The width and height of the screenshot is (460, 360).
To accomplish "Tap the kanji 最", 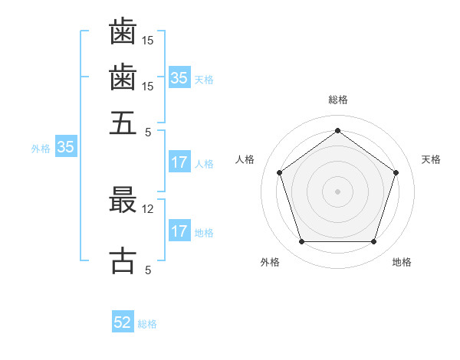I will [x=123, y=199].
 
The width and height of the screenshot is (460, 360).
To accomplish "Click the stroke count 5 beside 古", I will [x=148, y=270].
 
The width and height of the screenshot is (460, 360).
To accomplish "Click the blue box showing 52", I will [x=123, y=322].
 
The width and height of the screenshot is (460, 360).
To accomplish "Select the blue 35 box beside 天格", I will [x=179, y=77].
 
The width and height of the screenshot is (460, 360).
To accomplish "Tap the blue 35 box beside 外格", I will [x=65, y=148].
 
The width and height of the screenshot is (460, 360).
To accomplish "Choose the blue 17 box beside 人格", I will [x=179, y=162].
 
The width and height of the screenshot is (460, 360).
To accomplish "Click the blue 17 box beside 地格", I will [x=179, y=231].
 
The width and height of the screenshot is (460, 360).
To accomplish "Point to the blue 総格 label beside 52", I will [x=147, y=324].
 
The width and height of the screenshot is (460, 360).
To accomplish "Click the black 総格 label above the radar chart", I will [x=338, y=100].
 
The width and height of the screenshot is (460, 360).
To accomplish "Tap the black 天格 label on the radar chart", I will [x=431, y=159].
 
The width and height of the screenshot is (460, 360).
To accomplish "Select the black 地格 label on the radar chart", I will [x=402, y=262].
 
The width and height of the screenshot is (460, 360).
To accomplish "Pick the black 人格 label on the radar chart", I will [x=245, y=159].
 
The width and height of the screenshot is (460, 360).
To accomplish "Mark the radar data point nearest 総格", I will [x=338, y=130].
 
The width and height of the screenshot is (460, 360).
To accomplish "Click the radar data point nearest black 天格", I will [x=396, y=172].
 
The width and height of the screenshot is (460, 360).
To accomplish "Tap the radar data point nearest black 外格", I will [x=301, y=242].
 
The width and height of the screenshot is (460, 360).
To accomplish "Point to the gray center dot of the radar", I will [x=338, y=191].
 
